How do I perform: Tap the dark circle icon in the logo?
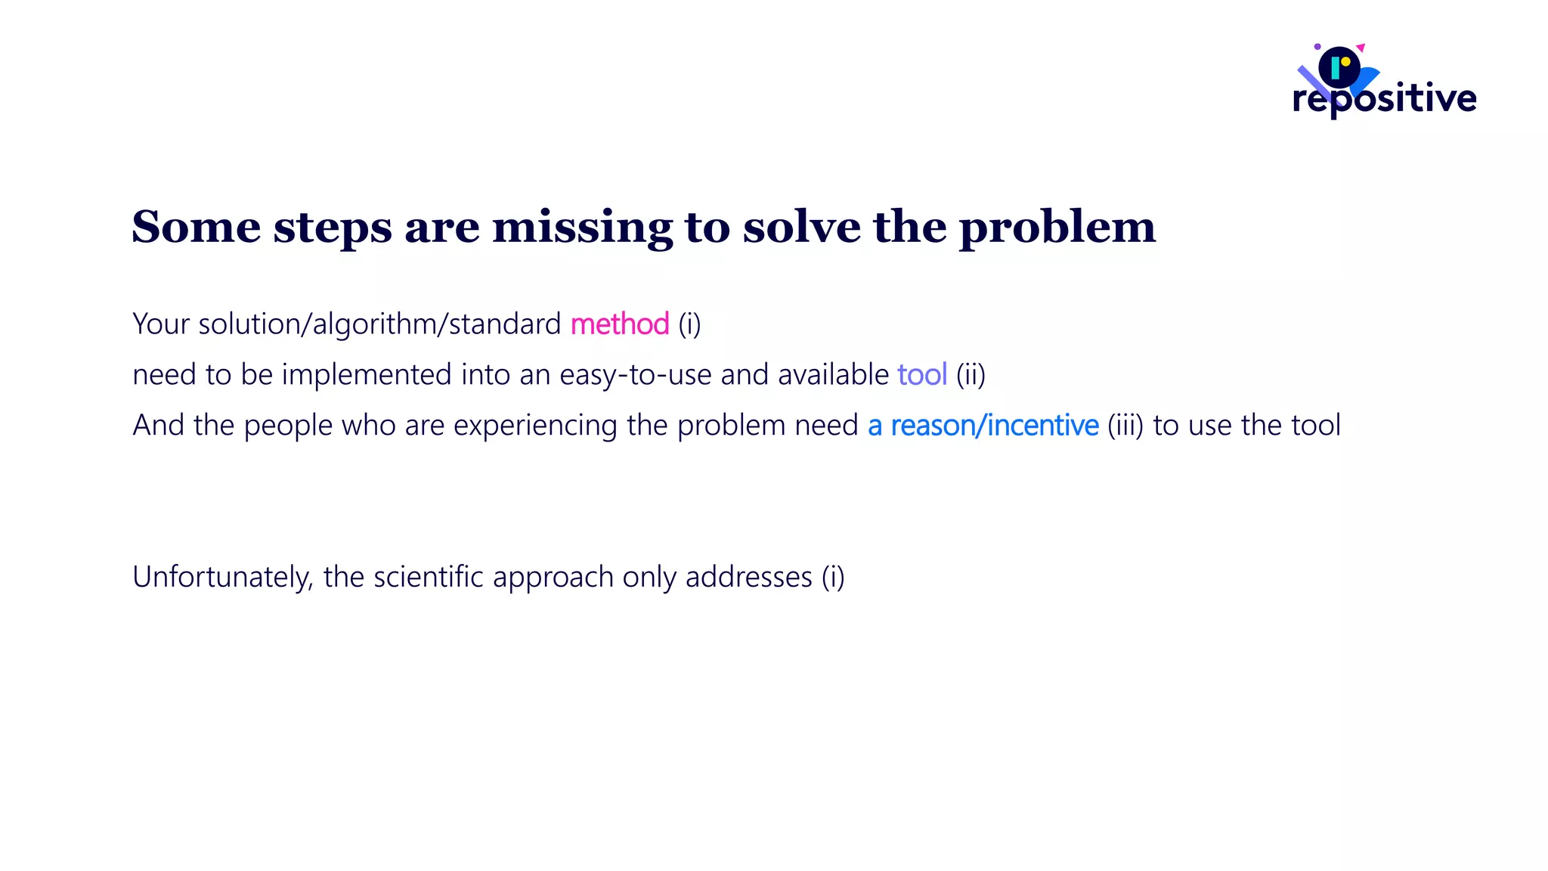(x=1339, y=67)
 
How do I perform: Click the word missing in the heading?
(x=582, y=227)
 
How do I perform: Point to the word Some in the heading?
(x=197, y=226)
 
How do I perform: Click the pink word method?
(x=619, y=324)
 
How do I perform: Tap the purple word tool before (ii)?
(x=921, y=375)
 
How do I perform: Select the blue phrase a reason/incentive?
(x=983, y=426)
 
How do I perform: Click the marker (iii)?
(x=1125, y=426)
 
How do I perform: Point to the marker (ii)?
(x=971, y=375)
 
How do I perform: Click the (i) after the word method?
(x=689, y=324)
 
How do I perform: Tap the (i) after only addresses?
(x=833, y=578)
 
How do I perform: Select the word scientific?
(x=428, y=577)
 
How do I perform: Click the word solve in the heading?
(x=801, y=227)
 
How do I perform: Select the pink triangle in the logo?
(x=1361, y=48)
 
